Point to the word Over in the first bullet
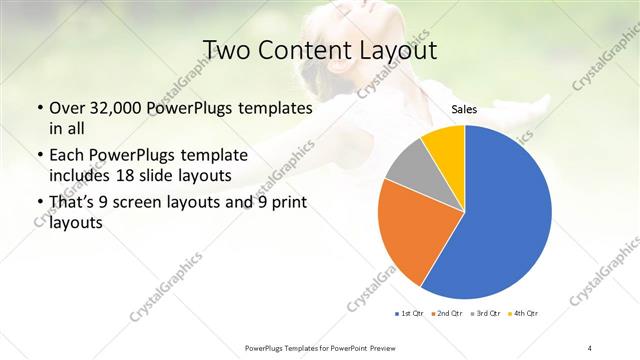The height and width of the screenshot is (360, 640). tap(65, 108)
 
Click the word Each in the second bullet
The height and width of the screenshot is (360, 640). tap(67, 156)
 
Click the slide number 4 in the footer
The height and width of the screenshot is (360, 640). tap(590, 347)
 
